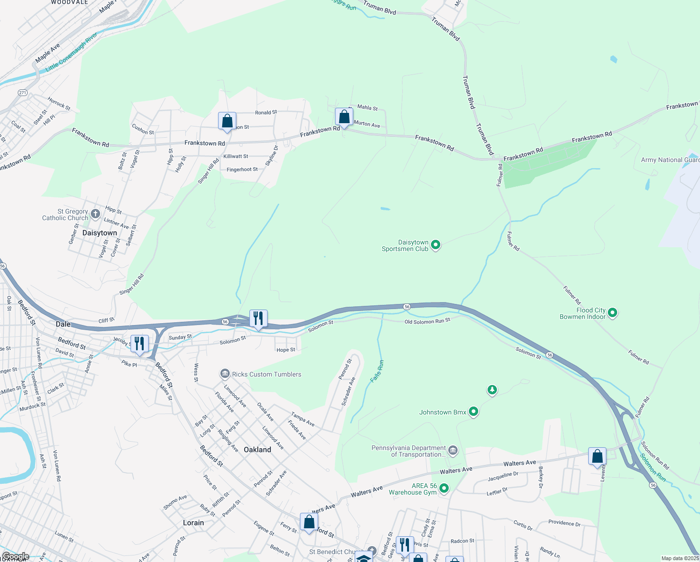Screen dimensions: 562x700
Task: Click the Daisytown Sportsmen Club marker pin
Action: click(x=436, y=244)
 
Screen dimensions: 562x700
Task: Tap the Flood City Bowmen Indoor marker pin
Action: click(x=612, y=312)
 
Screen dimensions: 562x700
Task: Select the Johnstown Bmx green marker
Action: click(x=474, y=412)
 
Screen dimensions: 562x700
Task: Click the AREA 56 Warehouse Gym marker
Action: click(x=444, y=488)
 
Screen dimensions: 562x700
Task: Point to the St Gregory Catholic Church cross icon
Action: click(x=95, y=214)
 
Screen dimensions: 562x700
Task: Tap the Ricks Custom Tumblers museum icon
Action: click(x=225, y=374)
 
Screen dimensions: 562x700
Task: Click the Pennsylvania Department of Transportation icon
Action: click(x=452, y=451)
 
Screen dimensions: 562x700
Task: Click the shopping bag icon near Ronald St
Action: click(x=227, y=121)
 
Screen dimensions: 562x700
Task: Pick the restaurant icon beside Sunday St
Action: click(x=139, y=344)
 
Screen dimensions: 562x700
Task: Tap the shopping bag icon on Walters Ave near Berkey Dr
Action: click(x=598, y=456)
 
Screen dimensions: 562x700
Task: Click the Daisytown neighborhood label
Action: click(x=100, y=233)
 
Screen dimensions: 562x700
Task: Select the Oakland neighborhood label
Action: click(x=257, y=450)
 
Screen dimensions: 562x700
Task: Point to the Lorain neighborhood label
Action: click(x=193, y=523)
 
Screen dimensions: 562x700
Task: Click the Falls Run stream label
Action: click(x=377, y=371)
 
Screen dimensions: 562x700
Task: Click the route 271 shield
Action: click(x=22, y=93)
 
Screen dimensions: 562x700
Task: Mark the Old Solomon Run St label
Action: click(x=427, y=321)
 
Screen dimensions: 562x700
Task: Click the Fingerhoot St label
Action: click(x=242, y=170)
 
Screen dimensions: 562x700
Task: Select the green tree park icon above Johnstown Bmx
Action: click(x=492, y=389)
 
